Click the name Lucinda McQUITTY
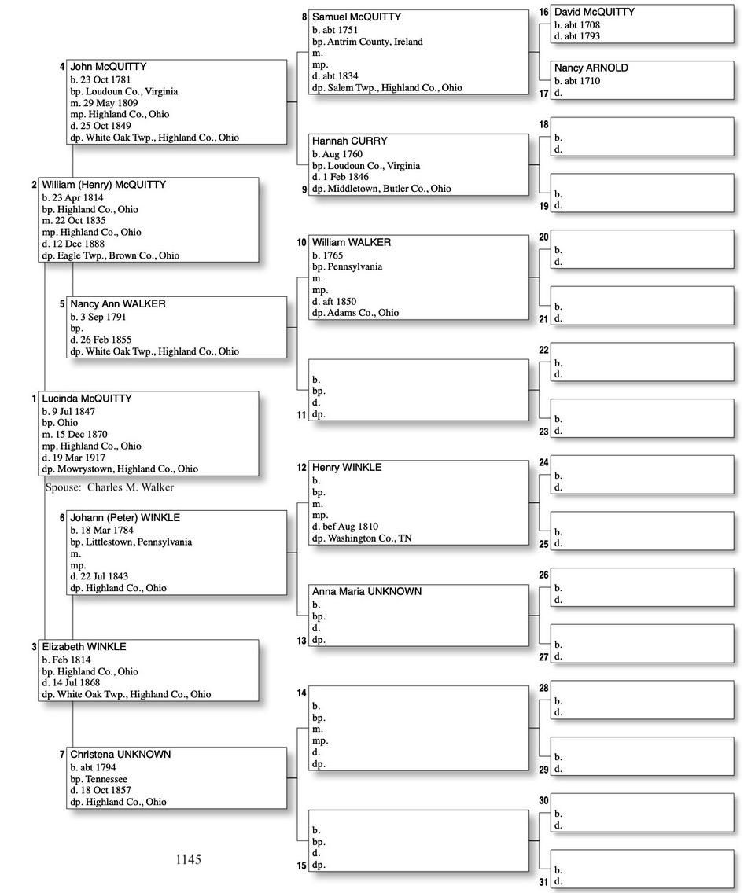coord(87,399)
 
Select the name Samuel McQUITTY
coord(356,17)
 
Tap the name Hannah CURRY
coord(349,141)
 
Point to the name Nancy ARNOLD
coord(591,68)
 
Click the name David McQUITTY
coord(594,12)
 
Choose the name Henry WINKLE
coord(346,468)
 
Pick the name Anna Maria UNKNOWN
coord(366,592)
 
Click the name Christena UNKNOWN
coord(120,755)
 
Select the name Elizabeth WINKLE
coord(83,647)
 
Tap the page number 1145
coord(189,860)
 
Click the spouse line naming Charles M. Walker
coord(109,487)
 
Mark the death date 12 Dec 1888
coord(80,244)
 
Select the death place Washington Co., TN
coord(372,538)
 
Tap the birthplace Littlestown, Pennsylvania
coord(138,542)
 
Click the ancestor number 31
coord(543,883)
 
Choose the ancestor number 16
coord(543,12)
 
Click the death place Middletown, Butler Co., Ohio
coord(389,189)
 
